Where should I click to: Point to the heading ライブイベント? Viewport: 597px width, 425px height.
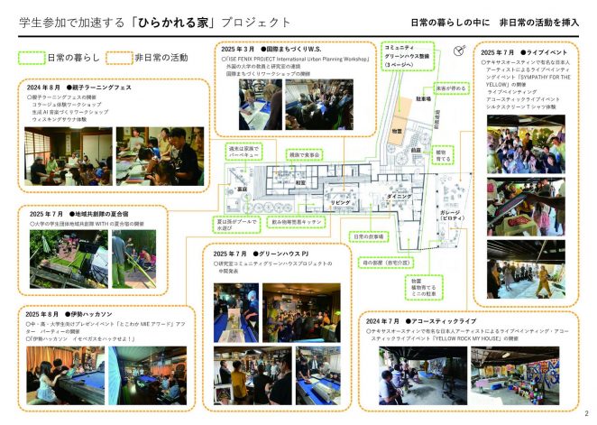click(543, 54)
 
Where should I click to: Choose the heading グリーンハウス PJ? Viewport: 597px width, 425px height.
click(288, 254)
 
